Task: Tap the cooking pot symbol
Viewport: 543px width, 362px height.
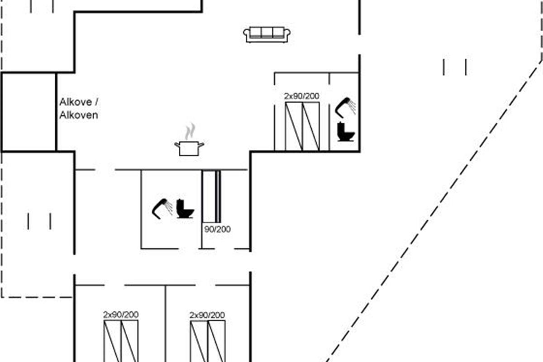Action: pyautogui.click(x=189, y=148)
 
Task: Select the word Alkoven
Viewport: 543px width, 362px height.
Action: pyautogui.click(x=79, y=115)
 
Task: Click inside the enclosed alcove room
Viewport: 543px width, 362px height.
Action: pyautogui.click(x=29, y=111)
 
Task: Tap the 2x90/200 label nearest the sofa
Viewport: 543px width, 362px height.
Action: pyautogui.click(x=301, y=96)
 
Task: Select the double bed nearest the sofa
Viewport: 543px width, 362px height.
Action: pyautogui.click(x=302, y=126)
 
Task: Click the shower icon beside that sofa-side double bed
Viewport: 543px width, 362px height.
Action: pyautogui.click(x=346, y=106)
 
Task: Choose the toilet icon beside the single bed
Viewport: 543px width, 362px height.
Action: pyautogui.click(x=185, y=209)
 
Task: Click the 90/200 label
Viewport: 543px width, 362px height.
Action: pyautogui.click(x=217, y=229)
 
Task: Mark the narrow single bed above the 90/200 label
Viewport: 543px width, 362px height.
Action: pyautogui.click(x=211, y=196)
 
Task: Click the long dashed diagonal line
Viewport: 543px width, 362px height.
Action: pyautogui.click(x=434, y=208)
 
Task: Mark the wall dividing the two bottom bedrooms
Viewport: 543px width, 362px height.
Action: pyautogui.click(x=165, y=324)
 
